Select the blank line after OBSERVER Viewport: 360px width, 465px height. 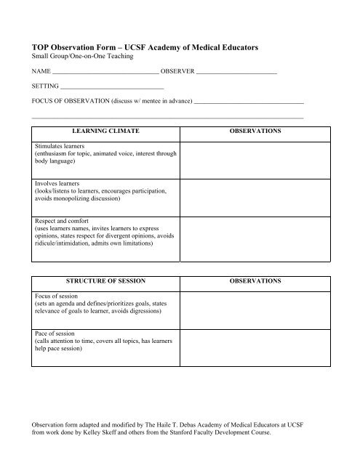[236, 74]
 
